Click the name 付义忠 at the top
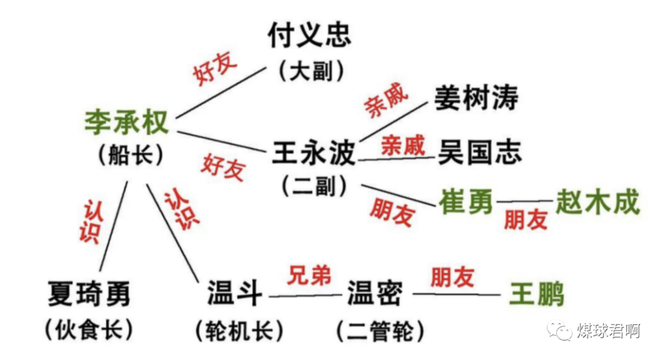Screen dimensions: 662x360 click(310, 35)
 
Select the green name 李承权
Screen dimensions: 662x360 click(126, 122)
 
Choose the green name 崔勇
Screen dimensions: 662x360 click(466, 202)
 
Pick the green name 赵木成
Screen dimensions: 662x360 click(597, 202)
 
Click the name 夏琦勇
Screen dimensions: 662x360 click(89, 294)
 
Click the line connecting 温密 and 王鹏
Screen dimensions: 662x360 click(457, 295)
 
